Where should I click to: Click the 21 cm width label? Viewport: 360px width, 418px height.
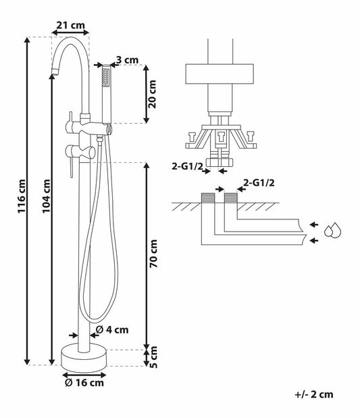coord(70,26)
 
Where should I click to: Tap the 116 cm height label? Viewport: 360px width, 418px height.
coord(22,196)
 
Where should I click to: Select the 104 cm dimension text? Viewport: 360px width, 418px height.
coord(46,196)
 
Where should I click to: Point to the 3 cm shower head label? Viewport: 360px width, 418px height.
coord(128,60)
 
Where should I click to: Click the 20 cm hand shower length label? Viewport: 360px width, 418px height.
coord(153,94)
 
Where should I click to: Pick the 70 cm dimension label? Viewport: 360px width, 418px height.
coord(153,253)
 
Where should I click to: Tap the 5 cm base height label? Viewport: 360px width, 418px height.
coord(153,357)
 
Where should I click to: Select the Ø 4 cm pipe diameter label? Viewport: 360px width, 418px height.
coord(112,330)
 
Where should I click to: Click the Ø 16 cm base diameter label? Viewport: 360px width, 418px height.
coord(84,383)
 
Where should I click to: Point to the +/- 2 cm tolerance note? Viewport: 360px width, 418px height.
coord(314,394)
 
